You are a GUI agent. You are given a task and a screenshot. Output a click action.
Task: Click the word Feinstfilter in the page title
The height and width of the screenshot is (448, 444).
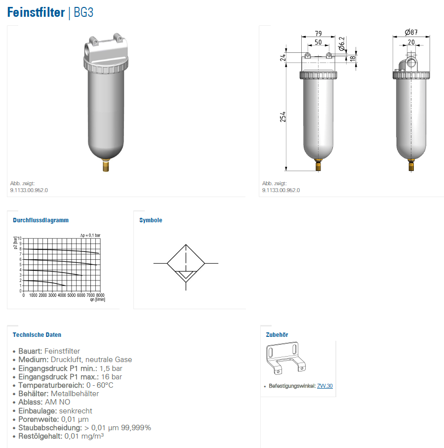click(36, 12)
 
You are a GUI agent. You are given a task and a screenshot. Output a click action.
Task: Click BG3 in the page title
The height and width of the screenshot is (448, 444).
click(83, 12)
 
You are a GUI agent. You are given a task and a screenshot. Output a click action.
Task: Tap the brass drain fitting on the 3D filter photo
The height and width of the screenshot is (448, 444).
click(106, 165)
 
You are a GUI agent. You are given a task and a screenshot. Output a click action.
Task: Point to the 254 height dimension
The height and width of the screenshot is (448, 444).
click(283, 117)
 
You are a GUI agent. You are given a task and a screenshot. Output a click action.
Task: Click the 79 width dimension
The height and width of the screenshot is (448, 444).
click(318, 34)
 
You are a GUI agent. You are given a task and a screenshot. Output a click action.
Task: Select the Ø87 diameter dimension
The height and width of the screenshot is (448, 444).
click(411, 32)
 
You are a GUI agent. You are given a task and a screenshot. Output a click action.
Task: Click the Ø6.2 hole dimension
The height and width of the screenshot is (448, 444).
click(341, 44)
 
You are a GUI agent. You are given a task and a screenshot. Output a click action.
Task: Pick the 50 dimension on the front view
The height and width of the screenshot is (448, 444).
click(318, 42)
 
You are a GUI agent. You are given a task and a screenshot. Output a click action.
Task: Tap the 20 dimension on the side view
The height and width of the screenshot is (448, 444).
click(411, 42)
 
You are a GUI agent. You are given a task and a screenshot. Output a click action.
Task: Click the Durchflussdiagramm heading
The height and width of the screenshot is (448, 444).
click(40, 220)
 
